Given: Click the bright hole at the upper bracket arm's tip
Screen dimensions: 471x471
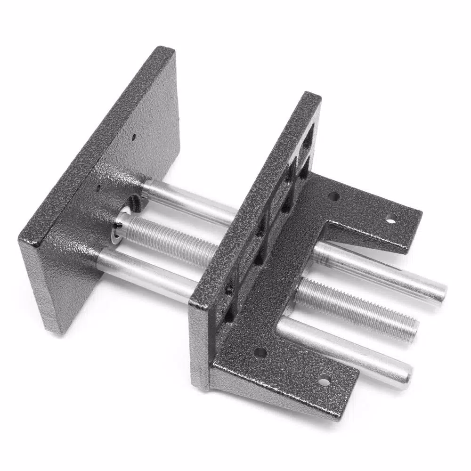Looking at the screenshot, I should point(391,218).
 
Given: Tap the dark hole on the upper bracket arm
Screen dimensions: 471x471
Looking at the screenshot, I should point(333,196).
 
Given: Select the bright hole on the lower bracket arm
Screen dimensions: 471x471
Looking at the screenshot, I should point(324,381).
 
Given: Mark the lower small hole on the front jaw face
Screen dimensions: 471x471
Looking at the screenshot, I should point(99,188).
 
